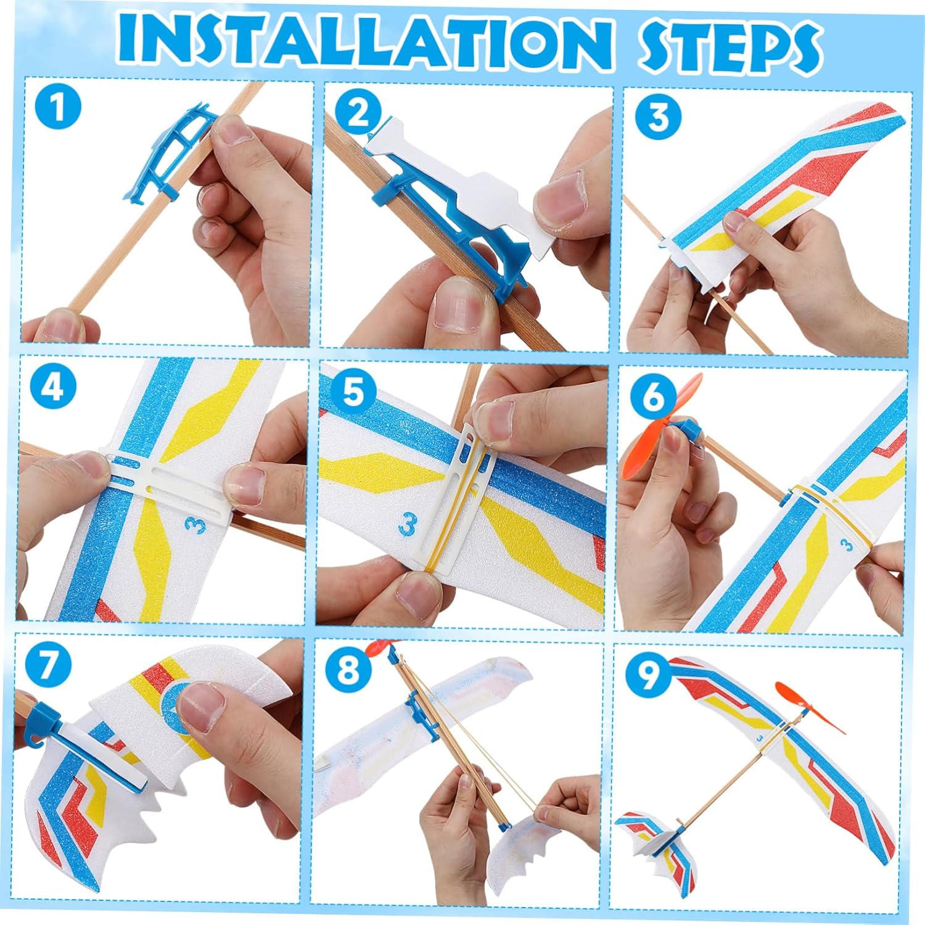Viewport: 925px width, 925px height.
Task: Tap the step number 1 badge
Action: pyautogui.click(x=57, y=106)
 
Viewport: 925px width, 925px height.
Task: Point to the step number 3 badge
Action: pyautogui.click(x=659, y=117)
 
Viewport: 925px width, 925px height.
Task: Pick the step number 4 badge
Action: pyautogui.click(x=53, y=388)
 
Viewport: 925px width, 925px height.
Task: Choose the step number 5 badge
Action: pyautogui.click(x=353, y=390)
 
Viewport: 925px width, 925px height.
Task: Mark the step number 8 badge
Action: pyautogui.click(x=348, y=668)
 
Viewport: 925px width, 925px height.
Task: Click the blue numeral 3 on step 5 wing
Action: pyautogui.click(x=407, y=524)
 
